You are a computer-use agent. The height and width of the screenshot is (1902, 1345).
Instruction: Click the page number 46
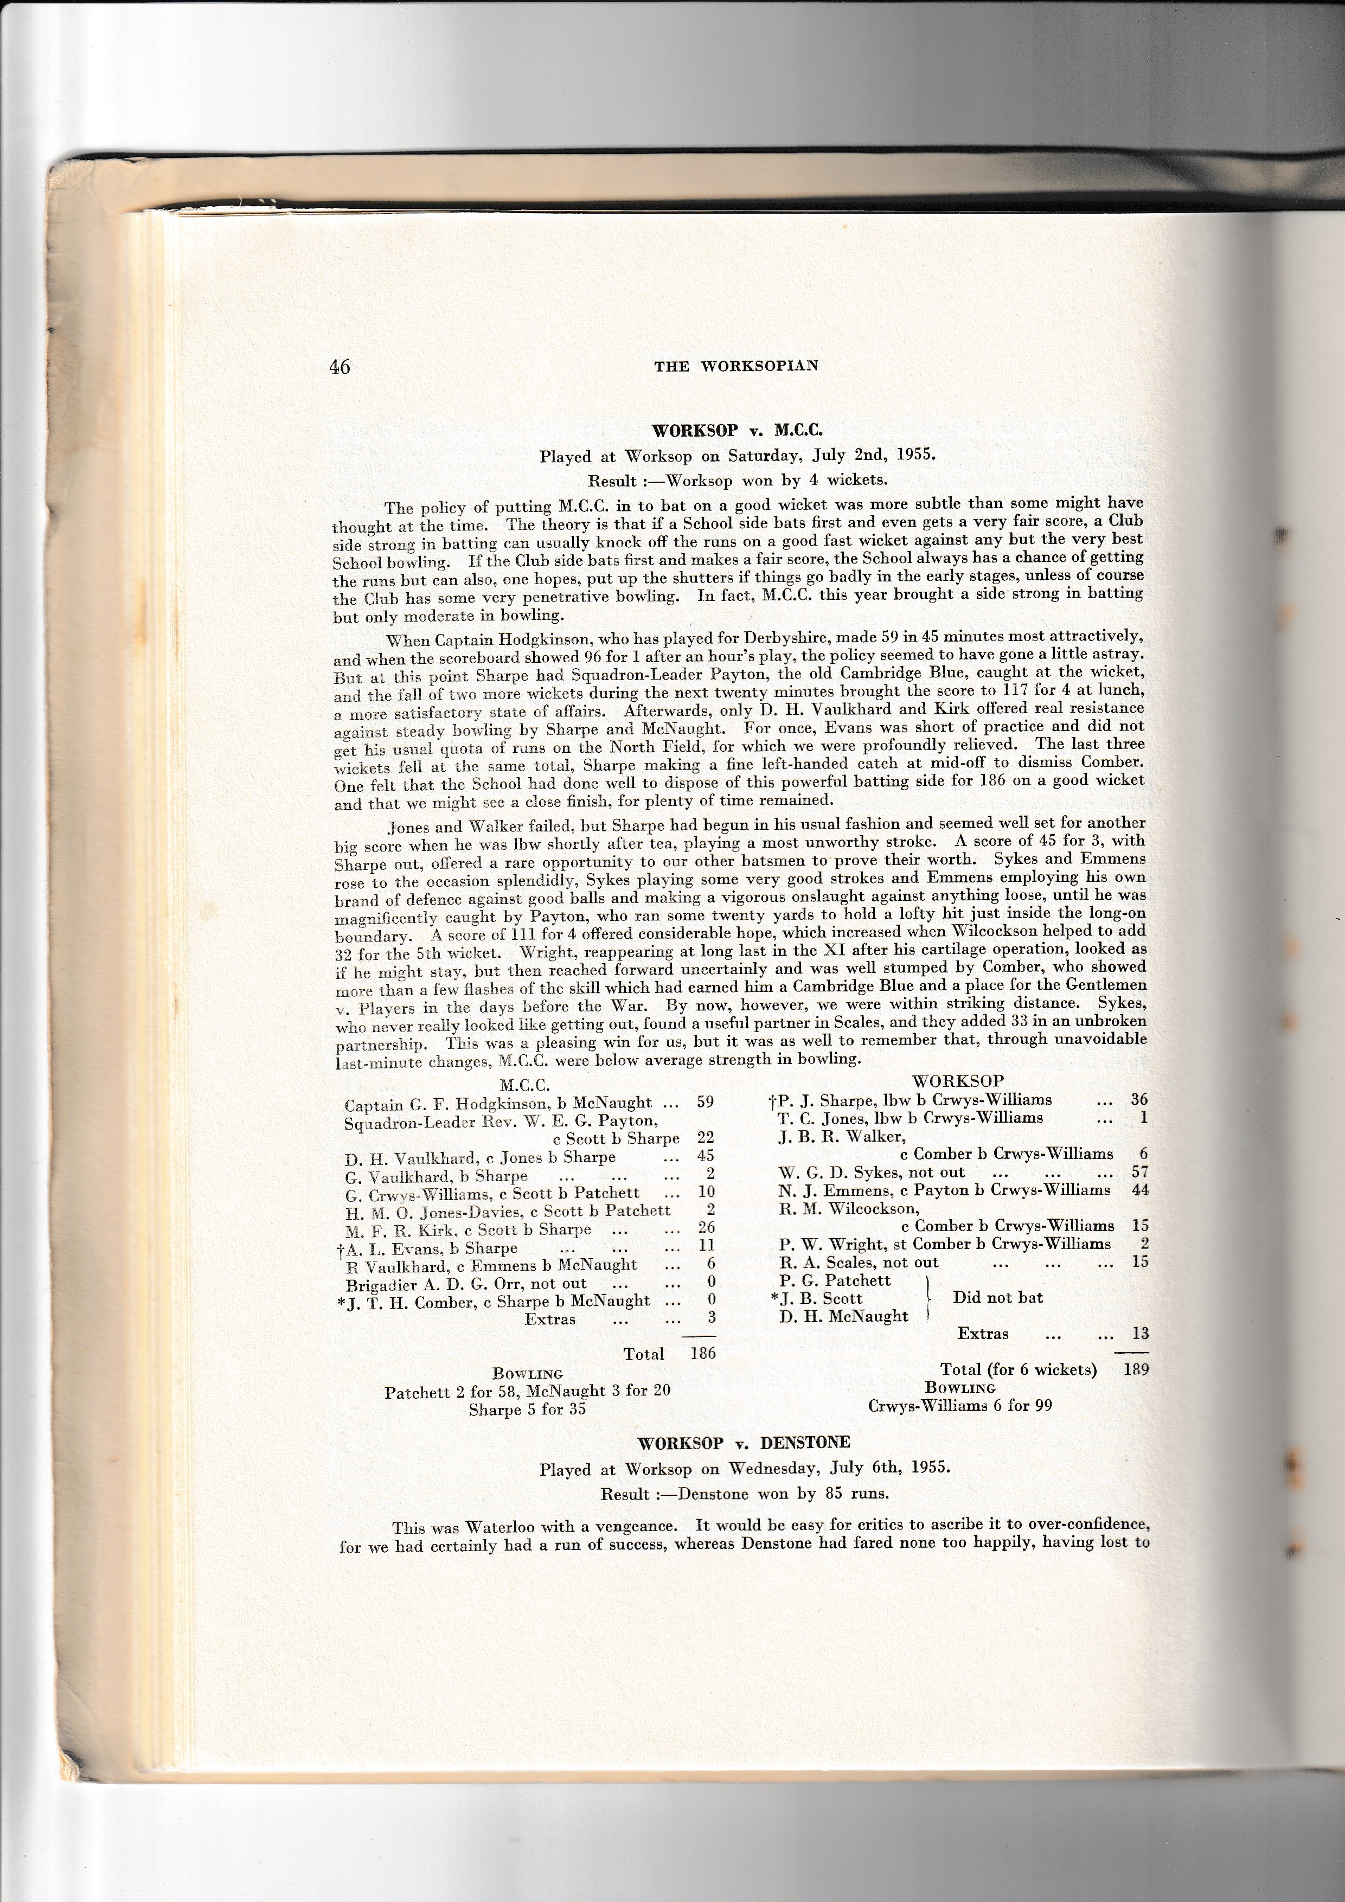click(340, 367)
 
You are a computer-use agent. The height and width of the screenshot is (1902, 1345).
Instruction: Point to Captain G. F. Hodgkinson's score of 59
click(705, 1103)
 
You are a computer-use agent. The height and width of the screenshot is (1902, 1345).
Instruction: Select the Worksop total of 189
click(1136, 1369)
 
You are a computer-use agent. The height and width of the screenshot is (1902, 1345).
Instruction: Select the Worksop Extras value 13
click(1139, 1334)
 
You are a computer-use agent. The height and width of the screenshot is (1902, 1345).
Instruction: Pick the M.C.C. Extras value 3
click(710, 1318)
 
